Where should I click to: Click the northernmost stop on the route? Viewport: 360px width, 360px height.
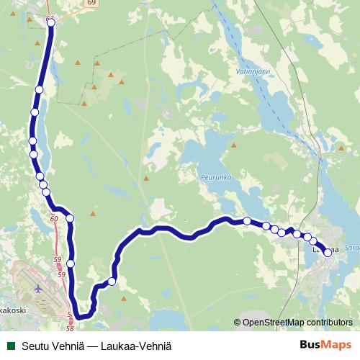[51, 22]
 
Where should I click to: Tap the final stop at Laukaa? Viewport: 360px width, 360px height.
[328, 252]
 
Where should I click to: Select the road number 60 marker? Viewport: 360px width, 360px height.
[54, 217]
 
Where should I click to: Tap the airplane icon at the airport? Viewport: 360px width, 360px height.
[37, 288]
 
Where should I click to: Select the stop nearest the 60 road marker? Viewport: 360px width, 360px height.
[70, 218]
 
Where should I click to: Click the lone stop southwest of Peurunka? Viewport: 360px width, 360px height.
[112, 282]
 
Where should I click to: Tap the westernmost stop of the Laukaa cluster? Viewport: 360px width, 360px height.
[247, 221]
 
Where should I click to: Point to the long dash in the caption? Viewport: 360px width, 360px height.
[94, 346]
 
